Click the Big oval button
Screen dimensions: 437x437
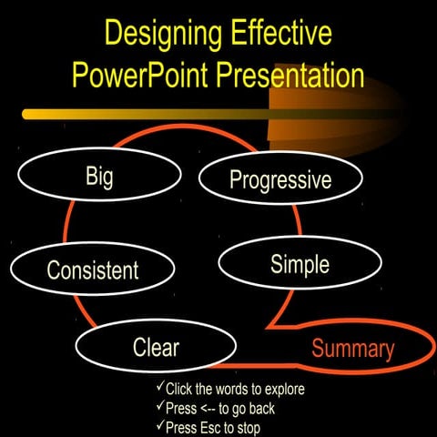tap(99, 176)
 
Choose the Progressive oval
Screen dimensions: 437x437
tap(279, 179)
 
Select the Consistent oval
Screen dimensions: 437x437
tap(92, 269)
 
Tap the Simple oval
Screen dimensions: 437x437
tap(300, 265)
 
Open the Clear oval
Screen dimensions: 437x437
tap(156, 347)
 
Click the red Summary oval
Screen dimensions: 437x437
tap(353, 349)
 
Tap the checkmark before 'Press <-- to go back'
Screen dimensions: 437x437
tap(159, 407)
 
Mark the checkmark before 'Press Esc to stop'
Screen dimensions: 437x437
tap(159, 425)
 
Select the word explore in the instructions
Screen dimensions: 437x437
tap(281, 390)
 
